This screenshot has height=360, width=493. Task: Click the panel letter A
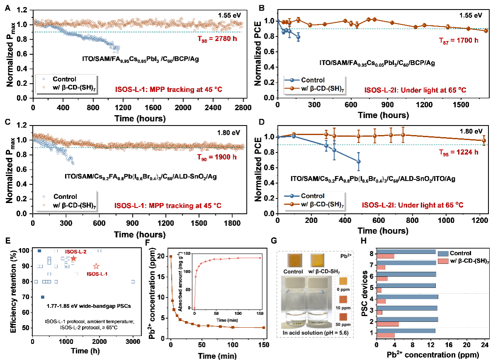coord(7,7)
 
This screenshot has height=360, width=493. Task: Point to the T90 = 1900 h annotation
coord(217,161)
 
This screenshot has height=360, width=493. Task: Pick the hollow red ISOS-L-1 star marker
coord(96,266)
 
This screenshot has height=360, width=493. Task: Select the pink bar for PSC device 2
coord(387,324)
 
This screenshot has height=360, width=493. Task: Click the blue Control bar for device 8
coord(406,251)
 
